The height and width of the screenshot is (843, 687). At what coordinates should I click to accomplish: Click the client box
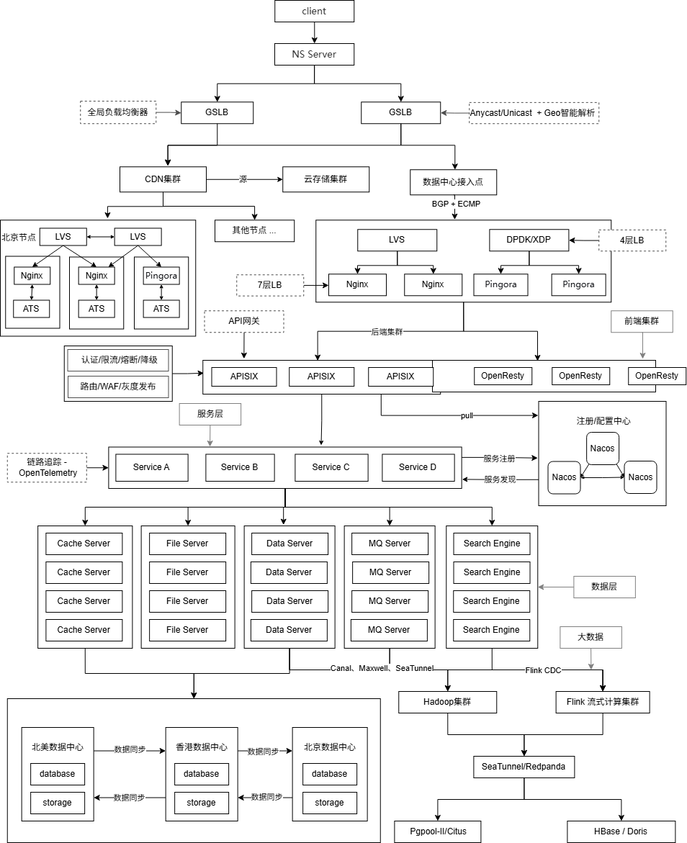[x=314, y=11]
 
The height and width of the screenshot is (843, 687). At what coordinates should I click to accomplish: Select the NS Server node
[x=314, y=54]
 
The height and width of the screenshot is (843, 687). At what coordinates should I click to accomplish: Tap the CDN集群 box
[x=163, y=179]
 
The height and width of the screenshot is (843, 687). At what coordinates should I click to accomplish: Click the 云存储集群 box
[x=325, y=179]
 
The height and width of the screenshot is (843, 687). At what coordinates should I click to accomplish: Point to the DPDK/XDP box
[x=529, y=240]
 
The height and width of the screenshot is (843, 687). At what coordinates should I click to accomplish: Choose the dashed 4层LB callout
[x=632, y=240]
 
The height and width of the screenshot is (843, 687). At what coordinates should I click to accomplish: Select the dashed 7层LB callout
[x=270, y=285]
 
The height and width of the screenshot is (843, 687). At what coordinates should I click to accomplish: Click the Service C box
[x=331, y=467]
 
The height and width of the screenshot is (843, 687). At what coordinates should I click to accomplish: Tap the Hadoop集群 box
[x=448, y=702]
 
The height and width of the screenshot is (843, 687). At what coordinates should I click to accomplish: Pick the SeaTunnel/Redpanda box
[x=524, y=767]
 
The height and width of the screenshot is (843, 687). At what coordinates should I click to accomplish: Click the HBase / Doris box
[x=621, y=831]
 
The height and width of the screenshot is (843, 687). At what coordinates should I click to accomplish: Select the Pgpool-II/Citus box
[x=438, y=831]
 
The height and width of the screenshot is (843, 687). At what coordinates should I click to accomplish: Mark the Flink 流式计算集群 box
[x=603, y=702]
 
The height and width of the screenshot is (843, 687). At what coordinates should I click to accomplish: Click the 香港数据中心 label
[x=201, y=747]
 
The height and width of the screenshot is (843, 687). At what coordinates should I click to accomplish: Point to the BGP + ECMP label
[x=456, y=204]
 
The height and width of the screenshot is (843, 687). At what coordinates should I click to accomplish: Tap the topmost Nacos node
[x=603, y=448]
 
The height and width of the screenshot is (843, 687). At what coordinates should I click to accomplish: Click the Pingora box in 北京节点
[x=161, y=276]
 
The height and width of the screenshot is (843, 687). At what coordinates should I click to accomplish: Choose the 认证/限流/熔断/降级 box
[x=118, y=359]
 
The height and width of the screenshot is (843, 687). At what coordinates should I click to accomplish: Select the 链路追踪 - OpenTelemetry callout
[x=47, y=468]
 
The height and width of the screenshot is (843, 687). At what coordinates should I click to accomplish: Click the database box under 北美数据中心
[x=58, y=774]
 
